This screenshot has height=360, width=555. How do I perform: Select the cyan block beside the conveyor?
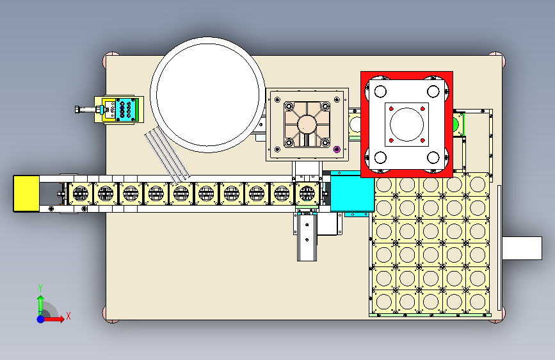pyautogui.click(x=351, y=195)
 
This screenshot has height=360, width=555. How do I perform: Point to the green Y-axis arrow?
pyautogui.click(x=40, y=302)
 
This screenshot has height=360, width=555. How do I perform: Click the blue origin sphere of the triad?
pyautogui.click(x=41, y=318)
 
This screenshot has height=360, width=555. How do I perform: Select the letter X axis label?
pyautogui.click(x=68, y=316)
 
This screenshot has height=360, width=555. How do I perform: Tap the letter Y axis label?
pyautogui.click(x=40, y=288)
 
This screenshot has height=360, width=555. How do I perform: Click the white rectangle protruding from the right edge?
pyautogui.click(x=522, y=248)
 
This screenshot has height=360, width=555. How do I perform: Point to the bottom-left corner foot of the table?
pyautogui.click(x=109, y=314)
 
